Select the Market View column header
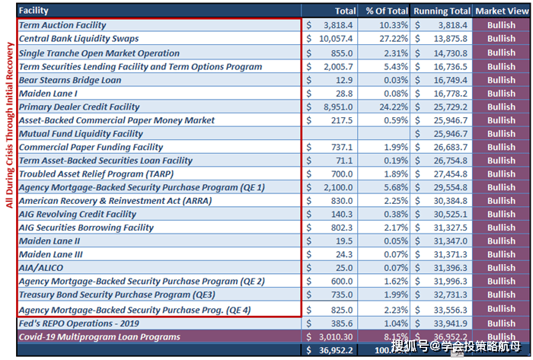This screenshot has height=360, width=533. click(501, 11)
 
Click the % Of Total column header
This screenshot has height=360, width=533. click(386, 11)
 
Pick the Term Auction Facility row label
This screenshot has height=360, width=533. click(62, 25)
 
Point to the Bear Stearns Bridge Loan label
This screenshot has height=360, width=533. click(69, 80)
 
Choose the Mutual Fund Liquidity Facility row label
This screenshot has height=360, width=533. click(80, 134)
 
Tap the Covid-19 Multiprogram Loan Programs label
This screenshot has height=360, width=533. click(99, 336)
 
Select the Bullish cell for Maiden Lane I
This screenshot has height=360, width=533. click(501, 93)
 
